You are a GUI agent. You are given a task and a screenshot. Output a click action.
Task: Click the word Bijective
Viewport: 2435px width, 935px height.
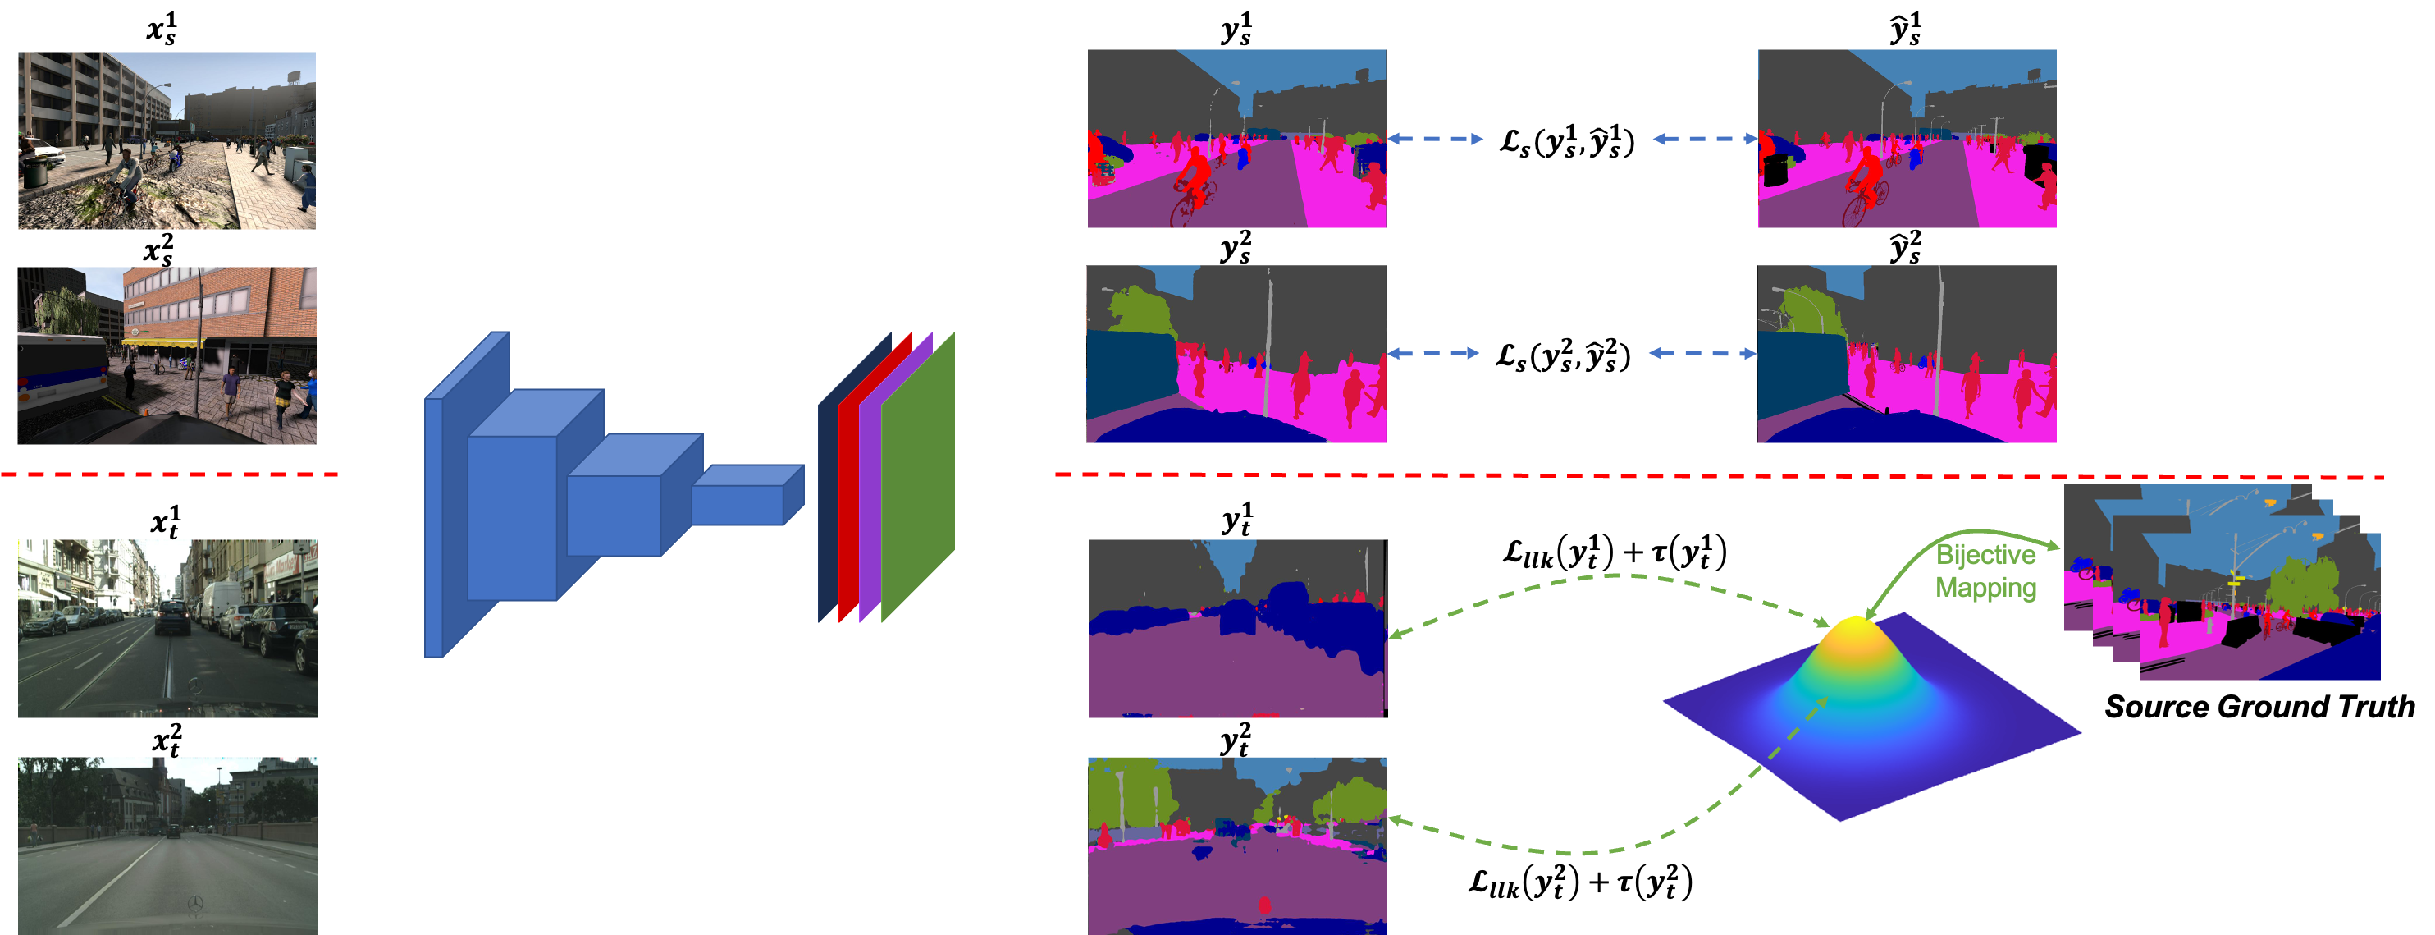click(1985, 555)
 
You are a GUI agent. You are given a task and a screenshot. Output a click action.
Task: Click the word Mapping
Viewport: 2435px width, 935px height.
click(1985, 587)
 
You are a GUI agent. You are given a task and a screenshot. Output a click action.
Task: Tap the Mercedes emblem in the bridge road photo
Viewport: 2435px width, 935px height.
click(194, 905)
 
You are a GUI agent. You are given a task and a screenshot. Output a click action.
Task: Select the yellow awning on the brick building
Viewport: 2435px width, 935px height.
click(161, 342)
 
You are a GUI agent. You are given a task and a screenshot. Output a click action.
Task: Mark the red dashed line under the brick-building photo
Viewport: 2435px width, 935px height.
click(170, 474)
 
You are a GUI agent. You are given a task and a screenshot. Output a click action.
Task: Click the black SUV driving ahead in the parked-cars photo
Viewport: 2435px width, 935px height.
click(173, 617)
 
